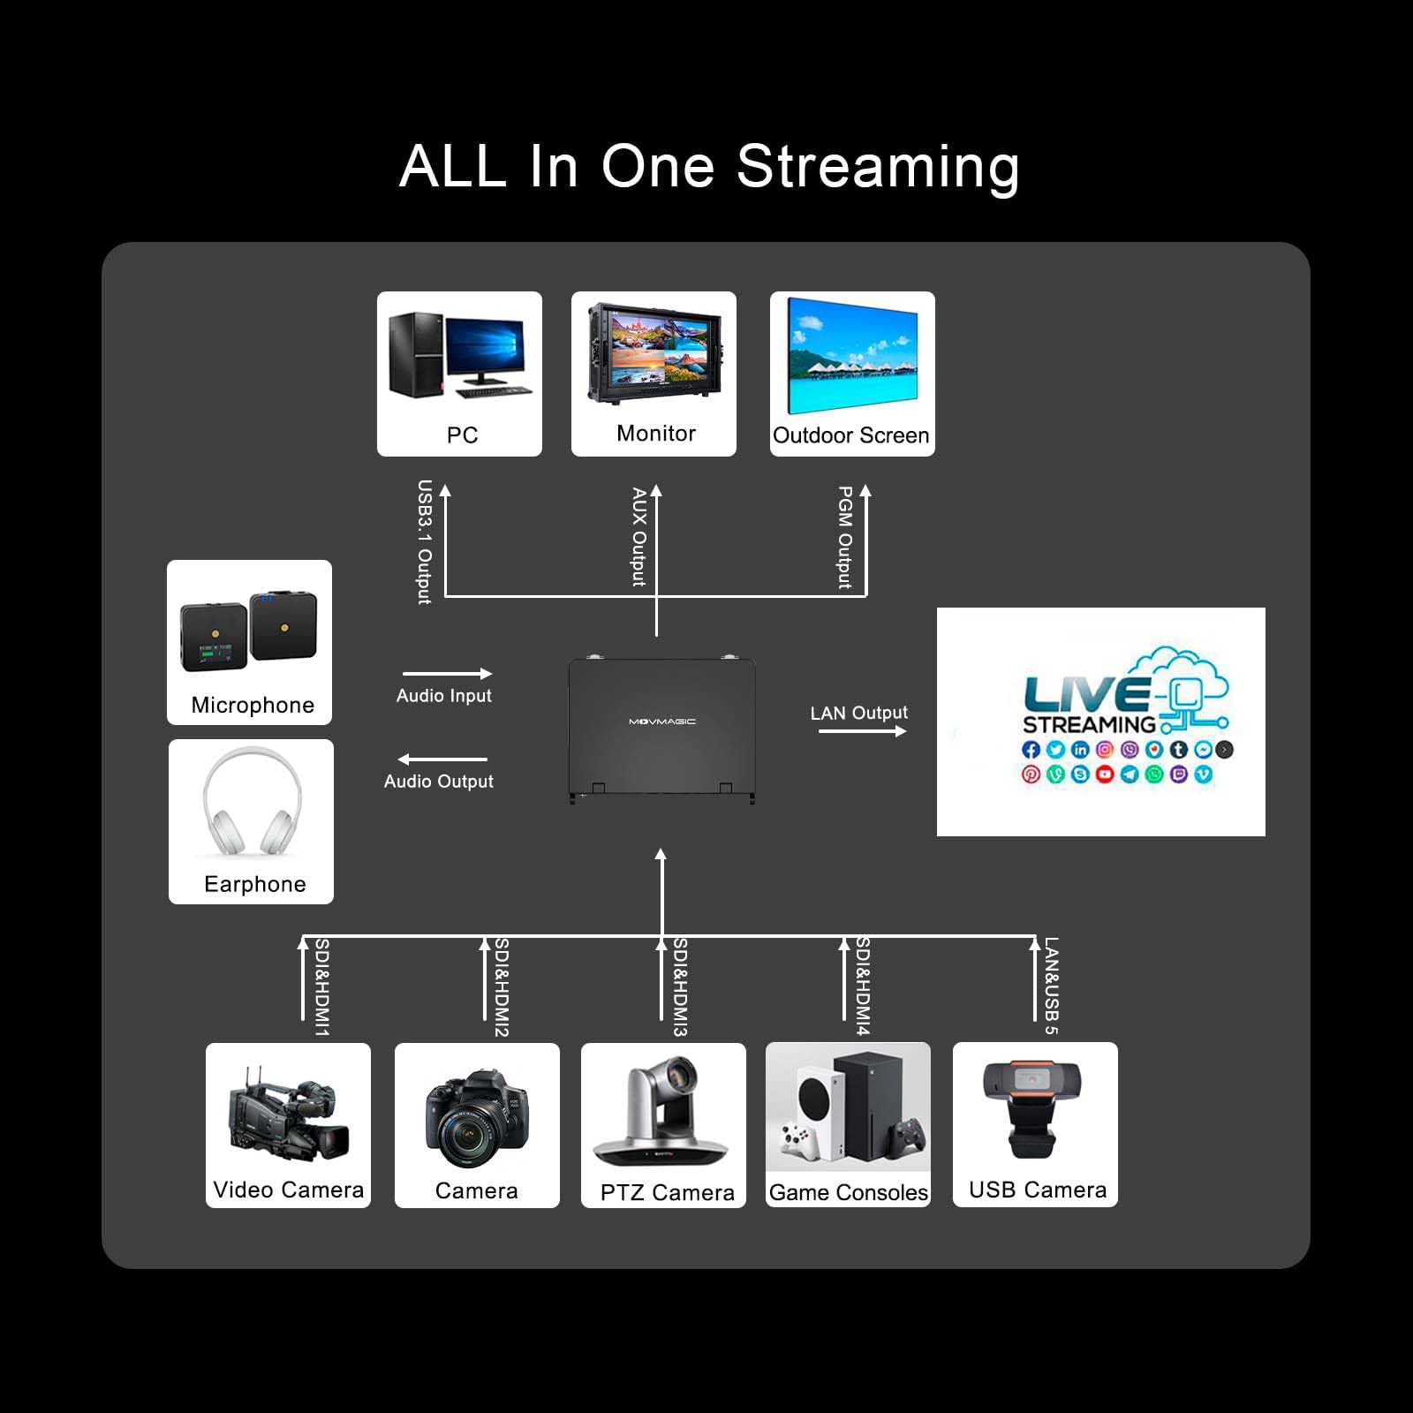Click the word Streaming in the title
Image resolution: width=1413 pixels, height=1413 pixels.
878,168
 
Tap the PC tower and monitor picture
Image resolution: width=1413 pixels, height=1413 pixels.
459,356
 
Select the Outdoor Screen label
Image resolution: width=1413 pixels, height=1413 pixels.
851,435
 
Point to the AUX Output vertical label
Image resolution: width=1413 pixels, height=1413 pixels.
638,537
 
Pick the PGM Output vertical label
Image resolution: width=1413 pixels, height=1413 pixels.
845,537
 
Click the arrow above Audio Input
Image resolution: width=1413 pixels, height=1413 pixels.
447,674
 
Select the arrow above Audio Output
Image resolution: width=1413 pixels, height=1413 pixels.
442,759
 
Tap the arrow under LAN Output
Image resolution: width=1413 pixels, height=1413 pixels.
862,731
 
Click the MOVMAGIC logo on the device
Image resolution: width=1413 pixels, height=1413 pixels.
662,722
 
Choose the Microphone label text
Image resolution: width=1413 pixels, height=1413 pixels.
253,705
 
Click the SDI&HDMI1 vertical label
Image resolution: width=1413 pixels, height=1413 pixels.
322,987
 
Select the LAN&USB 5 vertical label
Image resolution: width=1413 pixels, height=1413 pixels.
1051,986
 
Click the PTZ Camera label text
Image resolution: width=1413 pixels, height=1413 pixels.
667,1193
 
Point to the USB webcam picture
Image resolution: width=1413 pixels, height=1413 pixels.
1032,1108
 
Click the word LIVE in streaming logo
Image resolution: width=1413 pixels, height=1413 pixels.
1086,694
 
